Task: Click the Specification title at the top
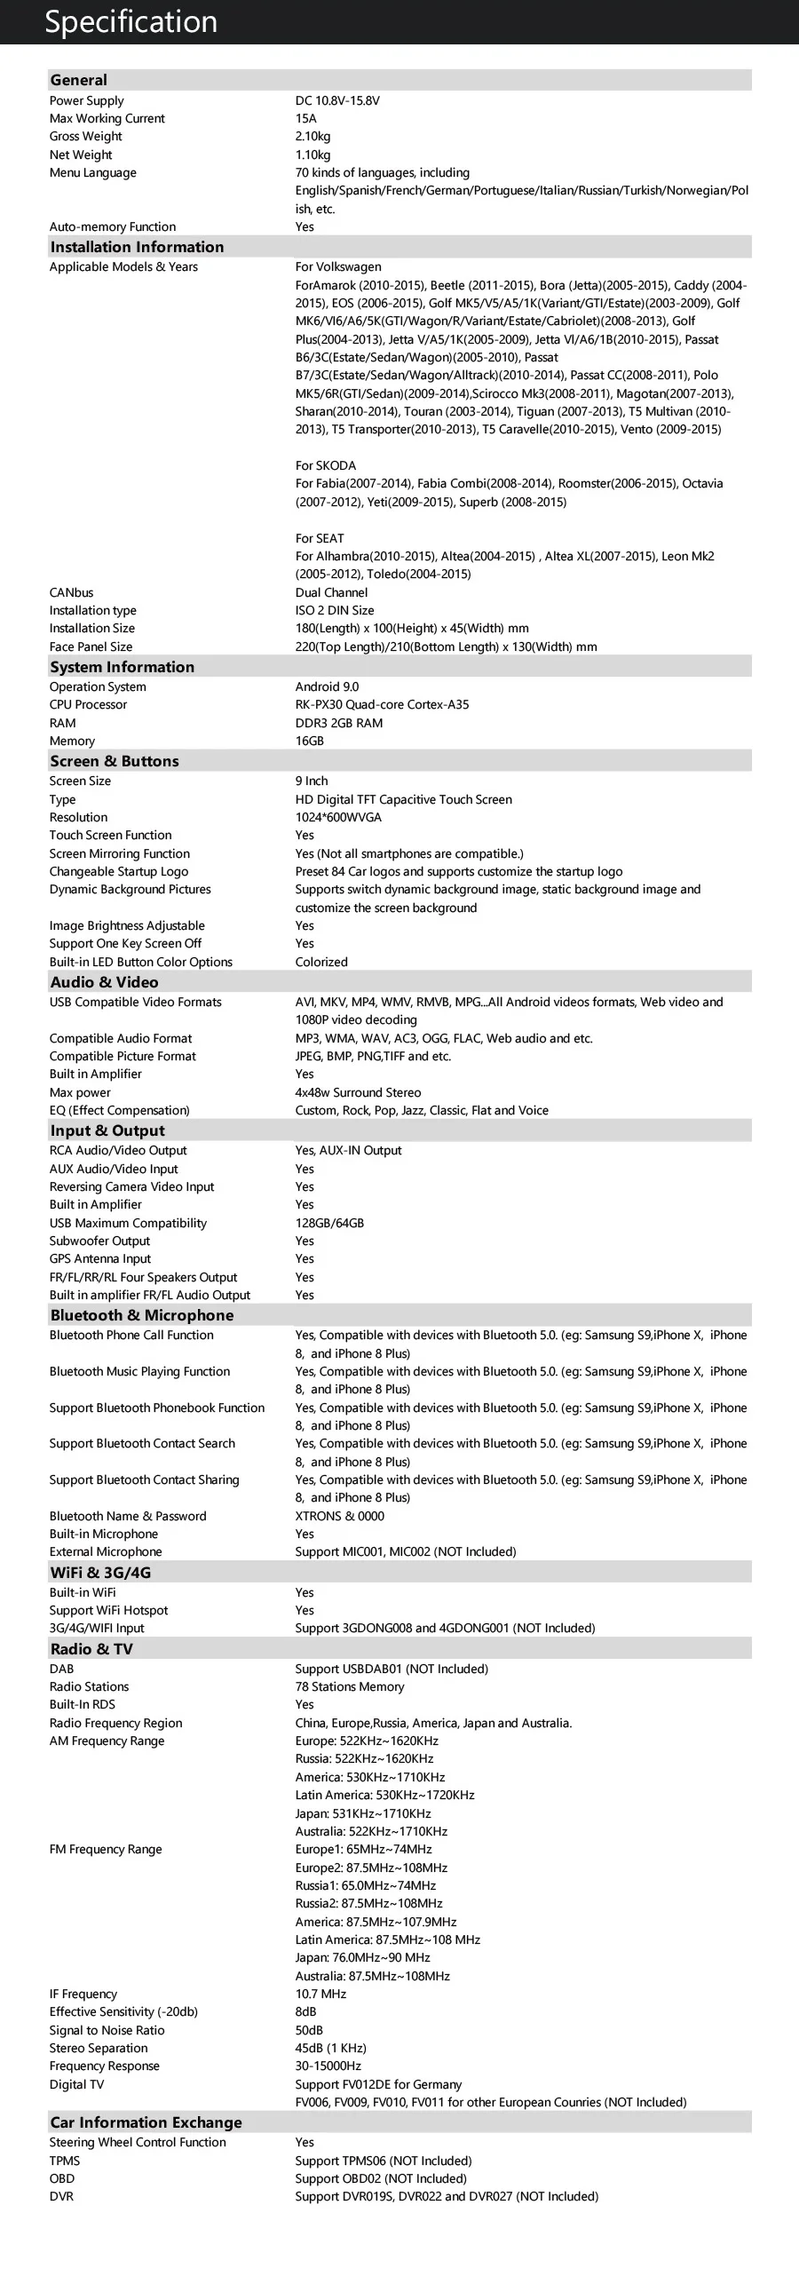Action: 131,21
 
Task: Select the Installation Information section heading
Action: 137,247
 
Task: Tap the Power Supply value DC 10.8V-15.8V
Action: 337,100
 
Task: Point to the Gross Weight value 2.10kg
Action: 312,136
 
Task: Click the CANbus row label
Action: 71,592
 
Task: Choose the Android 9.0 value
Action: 327,686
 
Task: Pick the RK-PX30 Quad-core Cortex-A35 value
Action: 382,705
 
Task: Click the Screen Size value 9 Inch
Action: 312,781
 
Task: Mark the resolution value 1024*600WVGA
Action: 338,817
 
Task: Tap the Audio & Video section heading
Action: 104,982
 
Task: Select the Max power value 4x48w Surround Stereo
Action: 358,1092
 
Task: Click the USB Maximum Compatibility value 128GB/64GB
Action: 329,1224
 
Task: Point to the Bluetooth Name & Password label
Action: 127,1516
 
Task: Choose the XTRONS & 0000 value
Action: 340,1516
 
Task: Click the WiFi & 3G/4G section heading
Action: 100,1572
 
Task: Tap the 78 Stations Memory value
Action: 350,1687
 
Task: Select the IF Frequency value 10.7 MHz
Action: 320,1994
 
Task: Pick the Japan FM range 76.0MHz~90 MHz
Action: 362,1957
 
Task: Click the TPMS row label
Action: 64,2161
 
